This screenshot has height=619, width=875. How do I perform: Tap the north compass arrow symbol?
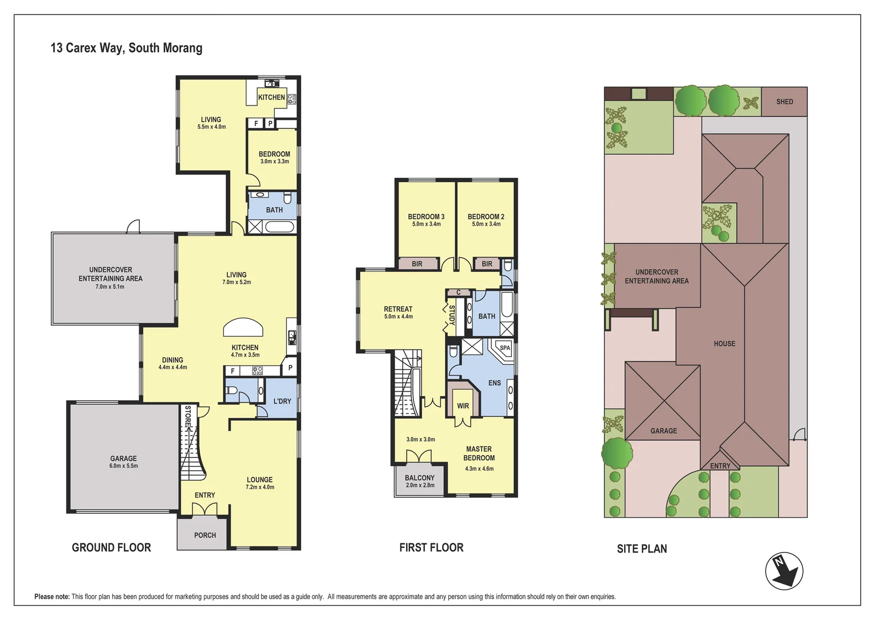tap(783, 571)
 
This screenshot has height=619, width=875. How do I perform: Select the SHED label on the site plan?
tap(785, 101)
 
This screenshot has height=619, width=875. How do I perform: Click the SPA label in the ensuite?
tap(504, 348)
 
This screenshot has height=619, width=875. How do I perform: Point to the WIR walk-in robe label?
tap(463, 406)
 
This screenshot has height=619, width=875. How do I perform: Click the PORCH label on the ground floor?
tap(205, 535)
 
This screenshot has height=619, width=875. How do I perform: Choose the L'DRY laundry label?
tap(282, 401)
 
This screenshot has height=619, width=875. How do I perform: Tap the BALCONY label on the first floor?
tap(420, 478)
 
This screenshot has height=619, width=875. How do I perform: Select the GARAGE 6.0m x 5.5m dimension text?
tap(124, 466)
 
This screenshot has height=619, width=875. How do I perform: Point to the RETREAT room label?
tap(398, 309)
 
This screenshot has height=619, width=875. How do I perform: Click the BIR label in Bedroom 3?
tap(417, 264)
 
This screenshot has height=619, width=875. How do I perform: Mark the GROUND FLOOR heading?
tap(111, 547)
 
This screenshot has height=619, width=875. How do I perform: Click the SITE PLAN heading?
tap(642, 549)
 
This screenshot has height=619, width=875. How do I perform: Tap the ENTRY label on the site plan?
tap(720, 466)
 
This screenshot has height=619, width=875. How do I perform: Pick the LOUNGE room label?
tap(260, 480)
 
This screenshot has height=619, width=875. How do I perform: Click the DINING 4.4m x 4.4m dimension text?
tap(173, 367)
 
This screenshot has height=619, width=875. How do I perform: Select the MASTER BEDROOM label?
tap(479, 453)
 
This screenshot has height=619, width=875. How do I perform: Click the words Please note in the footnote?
tap(52, 597)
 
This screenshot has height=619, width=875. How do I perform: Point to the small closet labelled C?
tap(459, 292)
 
